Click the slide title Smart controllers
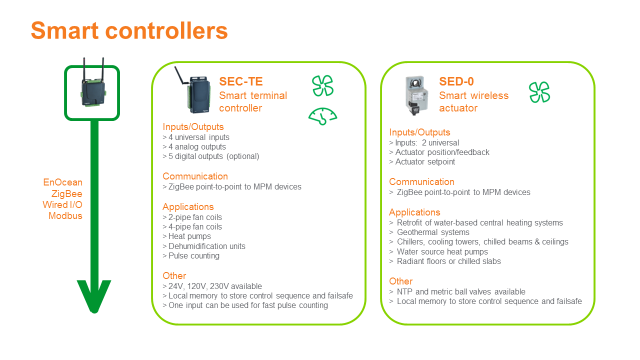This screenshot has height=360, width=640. pos(129,30)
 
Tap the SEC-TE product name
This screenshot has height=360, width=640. pos(241,81)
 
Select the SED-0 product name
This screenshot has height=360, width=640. pos(456,81)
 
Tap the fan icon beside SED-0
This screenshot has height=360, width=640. pos(539,92)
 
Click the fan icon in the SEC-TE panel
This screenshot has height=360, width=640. pos(322,85)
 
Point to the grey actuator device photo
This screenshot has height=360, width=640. pos(417,95)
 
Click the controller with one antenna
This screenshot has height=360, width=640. pos(193,90)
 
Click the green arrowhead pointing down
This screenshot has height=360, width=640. pos(94,295)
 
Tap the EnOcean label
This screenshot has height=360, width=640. pos(62,182)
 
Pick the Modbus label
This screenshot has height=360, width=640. pos(65,215)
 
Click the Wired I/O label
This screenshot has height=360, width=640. pos(62,204)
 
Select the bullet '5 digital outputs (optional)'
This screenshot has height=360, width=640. pos(211,156)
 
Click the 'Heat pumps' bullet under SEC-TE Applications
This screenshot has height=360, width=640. pos(187,236)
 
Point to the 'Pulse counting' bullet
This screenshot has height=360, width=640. pos(191,255)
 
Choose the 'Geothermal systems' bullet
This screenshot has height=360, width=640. pos(429,232)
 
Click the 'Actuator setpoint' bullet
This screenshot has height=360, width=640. pos(422,161)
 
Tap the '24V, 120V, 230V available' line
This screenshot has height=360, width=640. pos(212,286)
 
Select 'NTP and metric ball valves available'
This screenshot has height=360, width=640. pos(457,291)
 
